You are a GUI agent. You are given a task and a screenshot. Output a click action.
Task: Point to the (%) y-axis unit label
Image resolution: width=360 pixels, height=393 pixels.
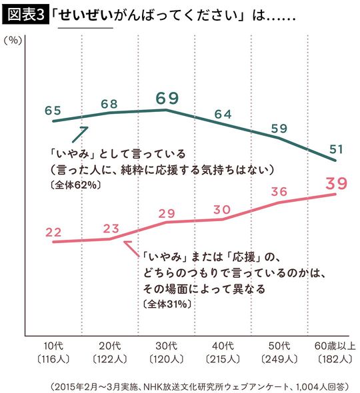click(14, 41)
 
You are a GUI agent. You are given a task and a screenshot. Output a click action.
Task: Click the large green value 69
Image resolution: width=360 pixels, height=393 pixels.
click(167, 99)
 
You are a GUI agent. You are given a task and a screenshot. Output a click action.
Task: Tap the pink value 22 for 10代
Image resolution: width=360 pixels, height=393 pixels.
click(53, 230)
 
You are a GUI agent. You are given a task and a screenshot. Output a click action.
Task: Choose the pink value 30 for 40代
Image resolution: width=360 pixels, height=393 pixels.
click(223, 209)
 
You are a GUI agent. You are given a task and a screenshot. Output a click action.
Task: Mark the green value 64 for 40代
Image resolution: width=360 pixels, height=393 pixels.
click(223, 114)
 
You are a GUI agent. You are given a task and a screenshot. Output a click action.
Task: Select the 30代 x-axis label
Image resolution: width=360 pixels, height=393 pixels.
click(167, 346)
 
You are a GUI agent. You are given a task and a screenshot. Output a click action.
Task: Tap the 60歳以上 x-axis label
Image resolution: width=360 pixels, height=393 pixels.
click(335, 346)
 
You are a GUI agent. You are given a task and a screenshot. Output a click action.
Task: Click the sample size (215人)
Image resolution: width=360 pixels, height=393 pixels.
click(223, 359)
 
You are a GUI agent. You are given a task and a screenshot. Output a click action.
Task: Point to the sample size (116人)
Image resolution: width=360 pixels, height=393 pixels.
click(53, 359)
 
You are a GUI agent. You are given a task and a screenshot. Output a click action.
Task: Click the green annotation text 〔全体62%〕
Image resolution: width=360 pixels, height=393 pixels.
click(75, 185)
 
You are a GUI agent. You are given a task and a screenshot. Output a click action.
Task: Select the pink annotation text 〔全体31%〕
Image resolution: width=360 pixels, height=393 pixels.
click(167, 304)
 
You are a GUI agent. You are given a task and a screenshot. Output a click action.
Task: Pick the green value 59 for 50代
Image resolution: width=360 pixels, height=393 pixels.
click(279, 128)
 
